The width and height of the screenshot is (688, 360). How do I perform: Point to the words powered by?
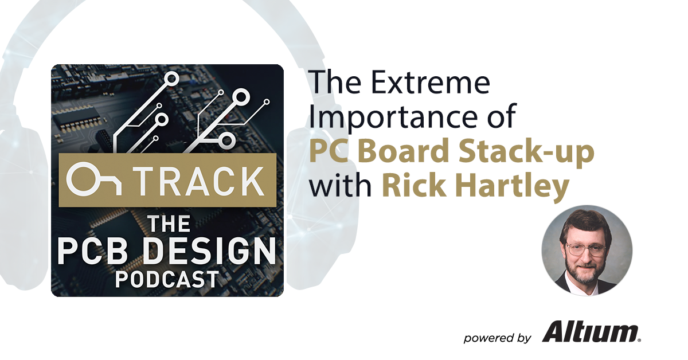tap(497, 338)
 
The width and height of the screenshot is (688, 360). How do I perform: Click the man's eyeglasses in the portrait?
tap(586, 249)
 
